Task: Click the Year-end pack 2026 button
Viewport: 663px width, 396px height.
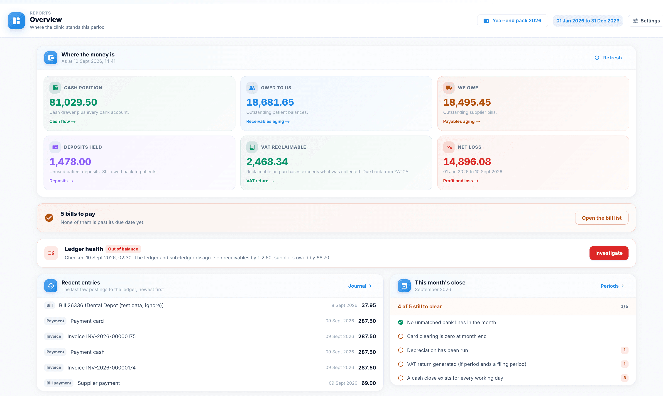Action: [512, 21]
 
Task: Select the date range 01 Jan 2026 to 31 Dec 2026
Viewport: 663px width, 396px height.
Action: [587, 21]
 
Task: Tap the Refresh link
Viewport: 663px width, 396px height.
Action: [608, 58]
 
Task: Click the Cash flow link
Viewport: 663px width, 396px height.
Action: [62, 121]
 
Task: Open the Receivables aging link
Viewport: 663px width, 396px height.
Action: [268, 121]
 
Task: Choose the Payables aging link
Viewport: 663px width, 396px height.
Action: [461, 121]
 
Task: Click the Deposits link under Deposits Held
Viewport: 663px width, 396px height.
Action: [61, 181]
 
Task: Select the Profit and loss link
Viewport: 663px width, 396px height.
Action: [461, 181]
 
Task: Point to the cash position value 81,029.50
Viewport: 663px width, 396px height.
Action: [73, 102]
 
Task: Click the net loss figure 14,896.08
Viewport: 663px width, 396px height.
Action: [467, 161]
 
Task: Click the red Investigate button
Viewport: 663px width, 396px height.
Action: [609, 253]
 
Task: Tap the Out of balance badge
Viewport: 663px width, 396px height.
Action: [123, 249]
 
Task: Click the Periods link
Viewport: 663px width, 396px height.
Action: [612, 286]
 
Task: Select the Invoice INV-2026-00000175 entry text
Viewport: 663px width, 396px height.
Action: [101, 336]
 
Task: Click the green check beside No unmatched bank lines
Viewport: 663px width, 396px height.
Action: [401, 322]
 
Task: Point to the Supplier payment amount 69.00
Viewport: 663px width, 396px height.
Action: [369, 383]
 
